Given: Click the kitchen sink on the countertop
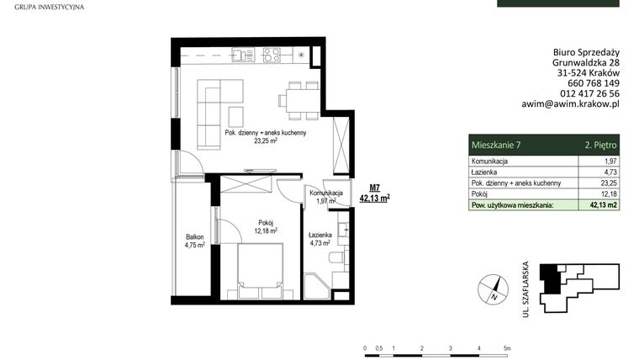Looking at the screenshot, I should pos(244,56).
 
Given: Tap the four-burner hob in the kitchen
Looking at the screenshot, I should pos(272,56).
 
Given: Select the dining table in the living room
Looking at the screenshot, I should pos(299,100).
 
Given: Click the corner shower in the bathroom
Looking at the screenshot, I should pos(317,287).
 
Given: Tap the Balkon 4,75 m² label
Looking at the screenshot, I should pos(196,241).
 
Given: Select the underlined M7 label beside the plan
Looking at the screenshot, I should pos(374,188).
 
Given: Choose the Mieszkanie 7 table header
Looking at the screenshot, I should pos(497,145).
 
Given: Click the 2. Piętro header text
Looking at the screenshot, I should pos(600,145).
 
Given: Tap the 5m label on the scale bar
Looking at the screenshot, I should pos(508,347).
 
